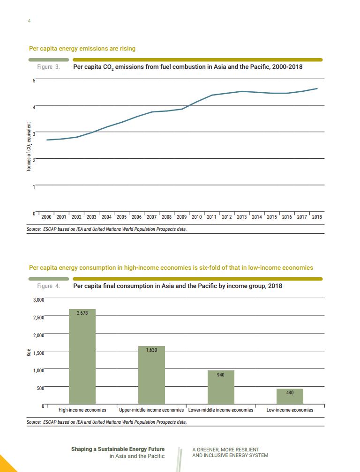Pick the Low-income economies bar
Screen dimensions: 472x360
pyautogui.click(x=290, y=396)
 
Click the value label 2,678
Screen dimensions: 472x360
pyautogui.click(x=82, y=313)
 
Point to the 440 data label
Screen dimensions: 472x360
pyautogui.click(x=290, y=393)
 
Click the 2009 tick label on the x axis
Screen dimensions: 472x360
pyautogui.click(x=181, y=217)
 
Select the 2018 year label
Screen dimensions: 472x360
pyautogui.click(x=317, y=217)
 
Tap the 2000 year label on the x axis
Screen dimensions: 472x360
pyautogui.click(x=46, y=217)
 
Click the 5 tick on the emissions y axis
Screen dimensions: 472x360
pyautogui.click(x=34, y=81)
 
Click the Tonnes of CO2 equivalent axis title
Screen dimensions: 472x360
pyautogui.click(x=29, y=147)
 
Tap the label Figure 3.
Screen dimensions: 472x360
pyautogui.click(x=48, y=67)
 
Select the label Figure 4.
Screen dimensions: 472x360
pyautogui.click(x=48, y=286)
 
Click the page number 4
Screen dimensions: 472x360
pyautogui.click(x=30, y=21)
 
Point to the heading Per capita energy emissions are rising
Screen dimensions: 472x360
pyautogui.click(x=82, y=49)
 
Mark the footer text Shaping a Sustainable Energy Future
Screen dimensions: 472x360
pyautogui.click(x=118, y=449)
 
